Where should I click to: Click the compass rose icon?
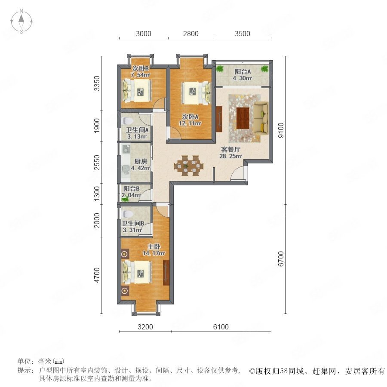(21, 21)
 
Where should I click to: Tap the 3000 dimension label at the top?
(143, 34)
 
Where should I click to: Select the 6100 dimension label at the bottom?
(221, 327)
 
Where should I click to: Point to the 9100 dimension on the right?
(281, 130)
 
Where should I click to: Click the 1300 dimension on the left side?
(97, 193)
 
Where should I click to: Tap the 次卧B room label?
(141, 68)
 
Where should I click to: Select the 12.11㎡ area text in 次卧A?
(190, 123)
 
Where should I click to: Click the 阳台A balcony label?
(243, 71)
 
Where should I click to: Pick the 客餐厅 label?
(230, 149)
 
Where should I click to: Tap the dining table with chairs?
(189, 166)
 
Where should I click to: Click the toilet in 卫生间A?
(128, 121)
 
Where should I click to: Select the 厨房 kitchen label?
(141, 162)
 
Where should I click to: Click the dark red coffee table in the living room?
(243, 118)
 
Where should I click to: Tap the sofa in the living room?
(261, 119)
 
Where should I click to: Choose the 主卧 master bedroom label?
(154, 246)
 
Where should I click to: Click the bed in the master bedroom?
(137, 273)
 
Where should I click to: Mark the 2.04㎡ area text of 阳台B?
(131, 195)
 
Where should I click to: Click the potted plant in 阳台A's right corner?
(264, 68)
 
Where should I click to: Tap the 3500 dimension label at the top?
(243, 34)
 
